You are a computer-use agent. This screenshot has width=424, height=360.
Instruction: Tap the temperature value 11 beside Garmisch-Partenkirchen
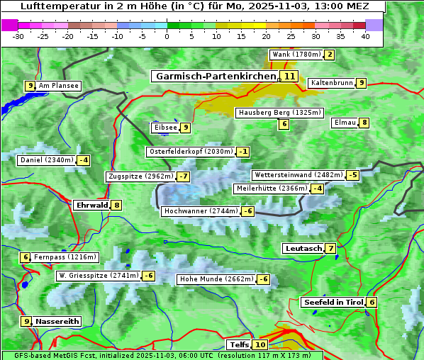[289, 76]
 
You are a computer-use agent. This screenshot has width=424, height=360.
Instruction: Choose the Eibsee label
[164, 128]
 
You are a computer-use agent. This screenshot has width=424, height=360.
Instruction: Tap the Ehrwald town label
[91, 206]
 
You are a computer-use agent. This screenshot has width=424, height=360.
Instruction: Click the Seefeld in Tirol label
[333, 303]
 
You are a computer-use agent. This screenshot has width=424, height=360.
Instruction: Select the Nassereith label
[57, 321]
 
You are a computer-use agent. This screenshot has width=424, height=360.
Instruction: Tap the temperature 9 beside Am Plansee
[30, 86]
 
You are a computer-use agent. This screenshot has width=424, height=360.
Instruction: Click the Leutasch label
[303, 249]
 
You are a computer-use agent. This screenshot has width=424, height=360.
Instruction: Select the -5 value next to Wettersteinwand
[353, 175]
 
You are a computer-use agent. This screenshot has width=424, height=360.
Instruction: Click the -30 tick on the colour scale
[18, 36]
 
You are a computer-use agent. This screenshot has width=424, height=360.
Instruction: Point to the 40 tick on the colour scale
[365, 36]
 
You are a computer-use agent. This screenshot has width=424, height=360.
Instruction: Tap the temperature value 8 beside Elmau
[364, 123]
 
